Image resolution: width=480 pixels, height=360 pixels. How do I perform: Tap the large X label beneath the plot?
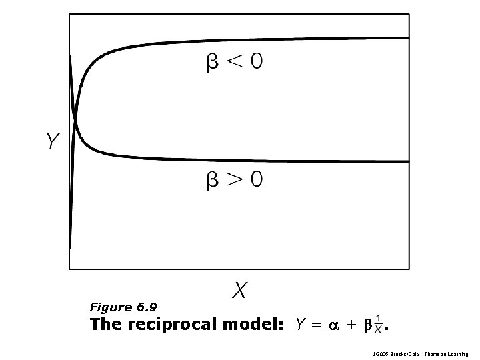[x=240, y=291]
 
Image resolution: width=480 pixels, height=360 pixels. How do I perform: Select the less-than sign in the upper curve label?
[x=233, y=62]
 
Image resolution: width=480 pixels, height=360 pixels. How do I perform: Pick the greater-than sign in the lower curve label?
[x=233, y=180]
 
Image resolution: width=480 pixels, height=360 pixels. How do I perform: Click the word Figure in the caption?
[x=111, y=307]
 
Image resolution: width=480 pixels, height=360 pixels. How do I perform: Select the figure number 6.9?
[x=147, y=307]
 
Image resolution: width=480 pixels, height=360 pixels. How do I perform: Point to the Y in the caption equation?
[x=301, y=325]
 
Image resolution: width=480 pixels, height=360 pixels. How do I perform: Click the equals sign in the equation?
[x=317, y=325]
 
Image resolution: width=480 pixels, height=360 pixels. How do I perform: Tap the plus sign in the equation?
[x=351, y=325]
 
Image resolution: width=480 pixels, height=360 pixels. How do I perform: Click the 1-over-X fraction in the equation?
[x=379, y=323]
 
